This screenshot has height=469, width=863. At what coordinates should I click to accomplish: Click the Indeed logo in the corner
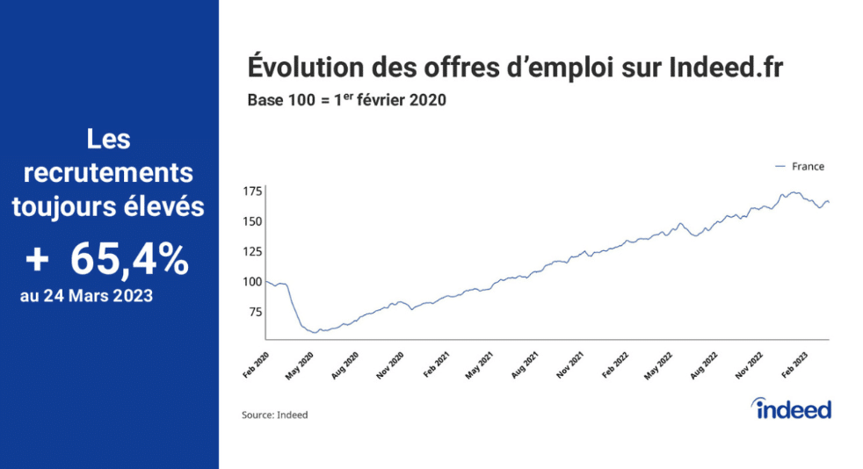click(792, 408)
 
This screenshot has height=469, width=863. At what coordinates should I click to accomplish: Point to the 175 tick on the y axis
click(253, 191)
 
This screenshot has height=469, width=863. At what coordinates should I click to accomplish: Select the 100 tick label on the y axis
click(253, 281)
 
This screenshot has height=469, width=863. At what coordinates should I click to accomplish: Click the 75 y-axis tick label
click(256, 312)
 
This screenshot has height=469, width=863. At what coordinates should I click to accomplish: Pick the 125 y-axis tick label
click(253, 251)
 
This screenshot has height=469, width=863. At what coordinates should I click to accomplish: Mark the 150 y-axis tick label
click(253, 220)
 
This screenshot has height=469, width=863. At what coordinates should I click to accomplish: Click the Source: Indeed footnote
click(275, 415)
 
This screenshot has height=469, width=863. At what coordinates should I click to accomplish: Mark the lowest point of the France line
click(315, 333)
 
